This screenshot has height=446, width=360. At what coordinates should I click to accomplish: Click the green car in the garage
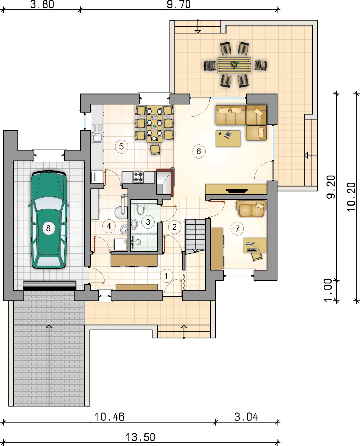[x=49, y=220]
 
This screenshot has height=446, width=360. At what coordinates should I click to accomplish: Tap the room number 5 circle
[x=121, y=146]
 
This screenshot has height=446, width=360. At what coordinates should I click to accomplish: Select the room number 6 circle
[x=199, y=151]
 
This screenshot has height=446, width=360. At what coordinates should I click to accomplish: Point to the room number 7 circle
[x=237, y=228]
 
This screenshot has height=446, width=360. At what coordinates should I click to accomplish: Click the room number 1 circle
[x=166, y=275]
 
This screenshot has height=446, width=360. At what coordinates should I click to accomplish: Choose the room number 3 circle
[x=148, y=222]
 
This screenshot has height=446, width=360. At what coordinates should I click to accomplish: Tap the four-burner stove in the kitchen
[x=138, y=177]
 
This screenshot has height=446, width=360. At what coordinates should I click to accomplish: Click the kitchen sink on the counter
[x=97, y=133]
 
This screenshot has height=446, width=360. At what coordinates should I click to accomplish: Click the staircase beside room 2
[x=195, y=236]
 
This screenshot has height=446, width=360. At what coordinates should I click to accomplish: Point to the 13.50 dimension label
[x=140, y=437]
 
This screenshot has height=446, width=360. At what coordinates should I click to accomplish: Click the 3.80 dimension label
[x=42, y=4]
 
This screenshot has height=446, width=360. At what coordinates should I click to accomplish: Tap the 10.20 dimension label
[x=351, y=197]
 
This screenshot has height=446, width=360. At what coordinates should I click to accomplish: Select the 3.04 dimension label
[x=246, y=417]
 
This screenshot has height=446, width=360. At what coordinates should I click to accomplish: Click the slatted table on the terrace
[x=234, y=65]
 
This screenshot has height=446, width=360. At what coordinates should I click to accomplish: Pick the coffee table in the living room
[x=228, y=139]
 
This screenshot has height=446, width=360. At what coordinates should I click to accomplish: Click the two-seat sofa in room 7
[x=251, y=209]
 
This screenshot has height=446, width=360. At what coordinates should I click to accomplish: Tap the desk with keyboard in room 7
[x=255, y=245]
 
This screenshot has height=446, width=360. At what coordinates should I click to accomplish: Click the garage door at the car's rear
[x=49, y=285]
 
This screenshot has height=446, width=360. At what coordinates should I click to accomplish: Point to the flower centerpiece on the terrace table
[x=234, y=65]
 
